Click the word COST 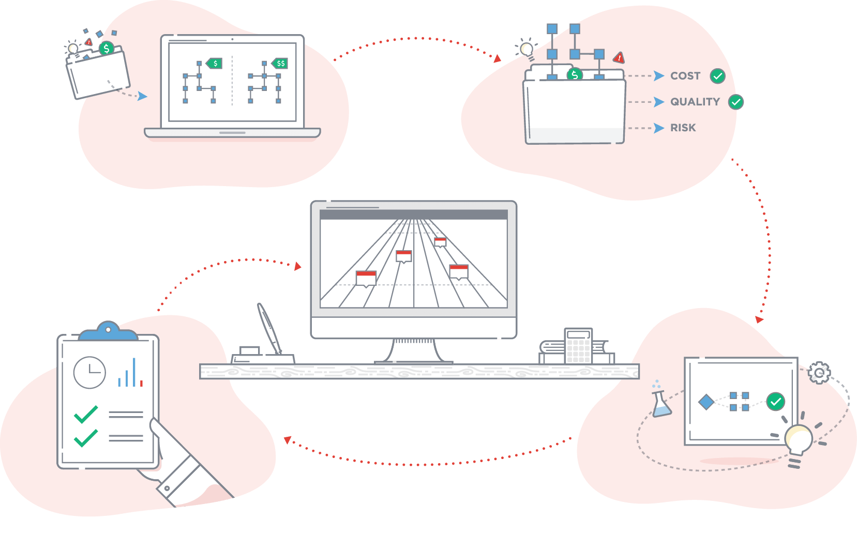[685, 76]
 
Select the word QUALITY [695, 102]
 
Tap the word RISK [683, 128]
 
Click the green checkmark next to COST [717, 76]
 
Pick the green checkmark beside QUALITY [736, 102]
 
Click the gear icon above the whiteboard [819, 372]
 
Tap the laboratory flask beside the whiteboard [661, 404]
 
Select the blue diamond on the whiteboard [706, 402]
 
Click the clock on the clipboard [89, 372]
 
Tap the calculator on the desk [578, 346]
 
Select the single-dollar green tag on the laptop [215, 64]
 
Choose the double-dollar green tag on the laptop [280, 64]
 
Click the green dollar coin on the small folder [107, 49]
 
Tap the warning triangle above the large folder [619, 57]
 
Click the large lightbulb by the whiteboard [798, 439]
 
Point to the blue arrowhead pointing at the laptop [142, 96]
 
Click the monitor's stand [414, 351]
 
